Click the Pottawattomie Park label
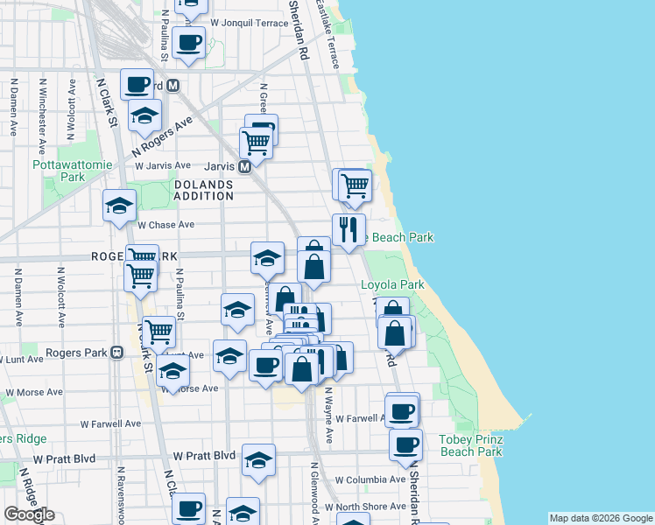[59, 170]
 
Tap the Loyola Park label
[392, 284]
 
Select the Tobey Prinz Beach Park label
[471, 445]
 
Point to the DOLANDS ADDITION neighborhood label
[204, 190]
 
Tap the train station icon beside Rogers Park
[116, 353]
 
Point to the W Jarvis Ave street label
[162, 165]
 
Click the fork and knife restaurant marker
[349, 230]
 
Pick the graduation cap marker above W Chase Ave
[119, 206]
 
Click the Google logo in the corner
[30, 514]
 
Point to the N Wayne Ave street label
[329, 416]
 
